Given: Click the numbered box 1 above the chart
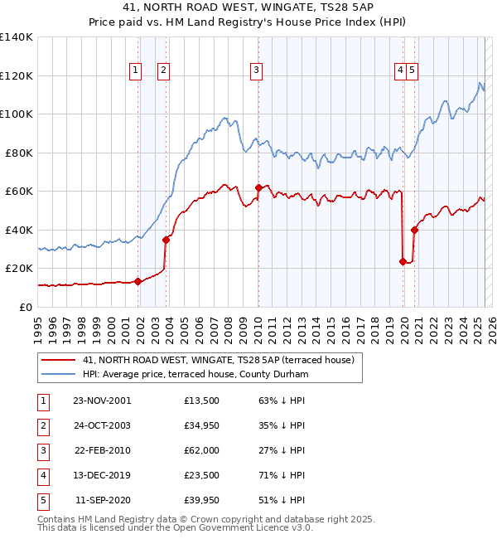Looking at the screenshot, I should (134, 70).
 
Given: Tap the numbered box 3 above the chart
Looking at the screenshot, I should (257, 70).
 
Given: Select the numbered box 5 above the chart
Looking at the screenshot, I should (412, 70).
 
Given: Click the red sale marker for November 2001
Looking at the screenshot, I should (138, 281).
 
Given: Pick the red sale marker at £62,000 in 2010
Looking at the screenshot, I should (258, 187).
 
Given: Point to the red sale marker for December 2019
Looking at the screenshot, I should (403, 262).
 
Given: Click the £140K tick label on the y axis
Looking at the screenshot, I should (17, 37).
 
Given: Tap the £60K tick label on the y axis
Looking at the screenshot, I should (19, 192).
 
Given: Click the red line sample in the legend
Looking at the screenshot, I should (59, 360).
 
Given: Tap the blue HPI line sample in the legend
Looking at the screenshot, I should (59, 375).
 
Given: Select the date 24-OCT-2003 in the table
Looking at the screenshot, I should (102, 426).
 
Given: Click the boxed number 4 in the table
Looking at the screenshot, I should (41, 476).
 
